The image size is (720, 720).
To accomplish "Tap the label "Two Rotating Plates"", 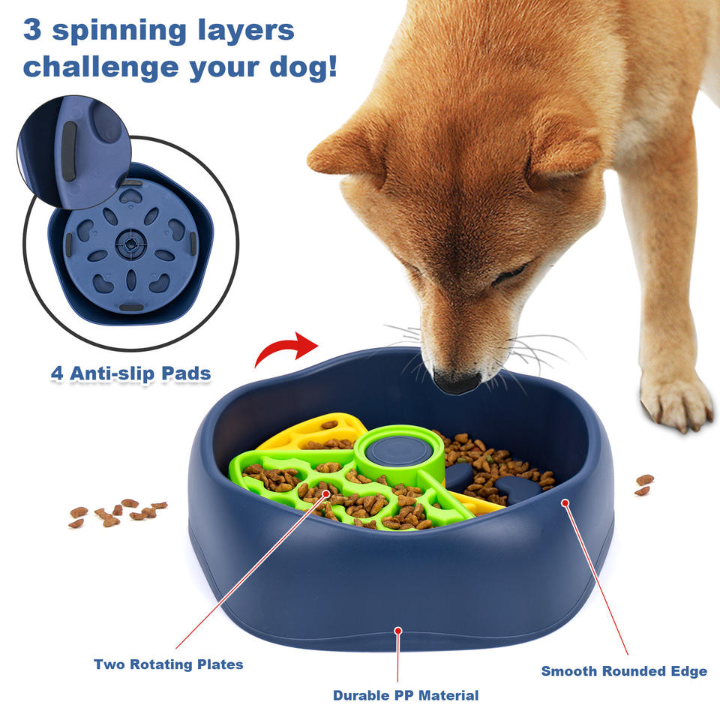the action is tap(168, 664).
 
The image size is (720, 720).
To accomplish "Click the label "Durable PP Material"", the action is tap(406, 695).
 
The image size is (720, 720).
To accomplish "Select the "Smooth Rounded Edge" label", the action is tap(624, 670).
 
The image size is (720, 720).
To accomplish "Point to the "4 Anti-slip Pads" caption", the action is tap(130, 373).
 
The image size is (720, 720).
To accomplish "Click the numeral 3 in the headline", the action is tap(31, 30).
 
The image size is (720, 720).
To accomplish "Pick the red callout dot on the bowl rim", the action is tap(565, 503).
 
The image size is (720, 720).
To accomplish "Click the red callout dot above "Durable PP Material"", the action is tap(398, 632).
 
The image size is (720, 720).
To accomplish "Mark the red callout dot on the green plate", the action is tap(327, 493).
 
